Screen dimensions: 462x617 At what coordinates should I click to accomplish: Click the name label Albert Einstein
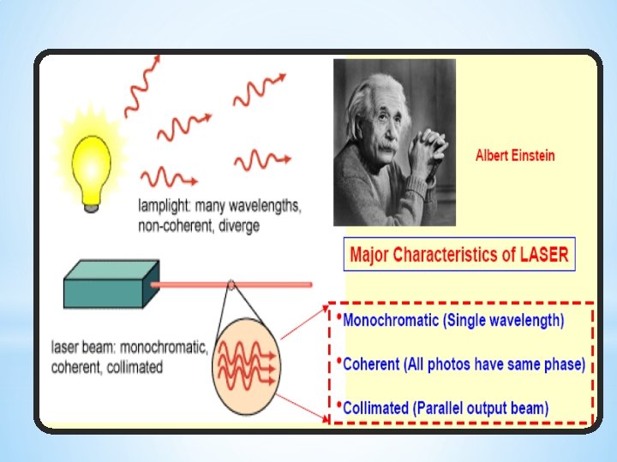click(515, 156)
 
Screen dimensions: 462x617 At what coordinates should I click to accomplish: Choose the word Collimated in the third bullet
click(376, 408)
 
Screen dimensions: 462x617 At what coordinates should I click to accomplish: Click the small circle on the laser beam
click(231, 285)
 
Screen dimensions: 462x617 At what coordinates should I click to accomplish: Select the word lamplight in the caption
click(166, 206)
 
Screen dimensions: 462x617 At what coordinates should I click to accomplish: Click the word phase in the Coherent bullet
click(564, 364)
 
